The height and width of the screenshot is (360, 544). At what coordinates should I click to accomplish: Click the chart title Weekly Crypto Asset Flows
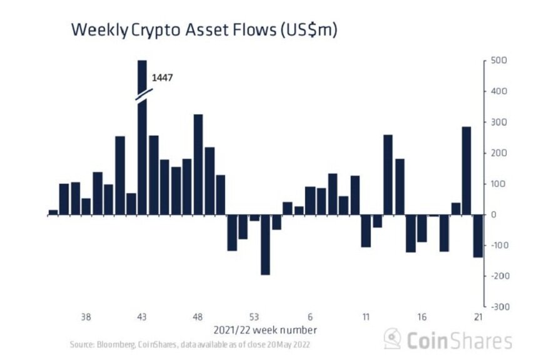tap(204, 30)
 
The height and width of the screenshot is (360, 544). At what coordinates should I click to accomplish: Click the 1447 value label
tap(162, 78)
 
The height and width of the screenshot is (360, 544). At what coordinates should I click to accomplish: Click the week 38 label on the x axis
tap(86, 316)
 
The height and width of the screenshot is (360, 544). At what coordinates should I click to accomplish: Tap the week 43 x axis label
tap(142, 316)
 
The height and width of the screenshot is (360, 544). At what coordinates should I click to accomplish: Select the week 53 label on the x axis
tap(254, 316)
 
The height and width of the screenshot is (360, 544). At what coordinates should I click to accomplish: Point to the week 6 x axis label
tap(310, 316)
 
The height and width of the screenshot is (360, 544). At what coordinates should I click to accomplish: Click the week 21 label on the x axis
tap(478, 316)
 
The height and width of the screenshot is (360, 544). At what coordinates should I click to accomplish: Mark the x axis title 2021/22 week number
tap(265, 329)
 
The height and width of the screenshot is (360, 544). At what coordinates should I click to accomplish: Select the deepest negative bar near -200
tap(265, 244)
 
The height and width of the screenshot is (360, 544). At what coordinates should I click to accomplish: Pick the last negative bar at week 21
tap(478, 236)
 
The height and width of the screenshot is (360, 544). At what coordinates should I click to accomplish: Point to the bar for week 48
tap(198, 164)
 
